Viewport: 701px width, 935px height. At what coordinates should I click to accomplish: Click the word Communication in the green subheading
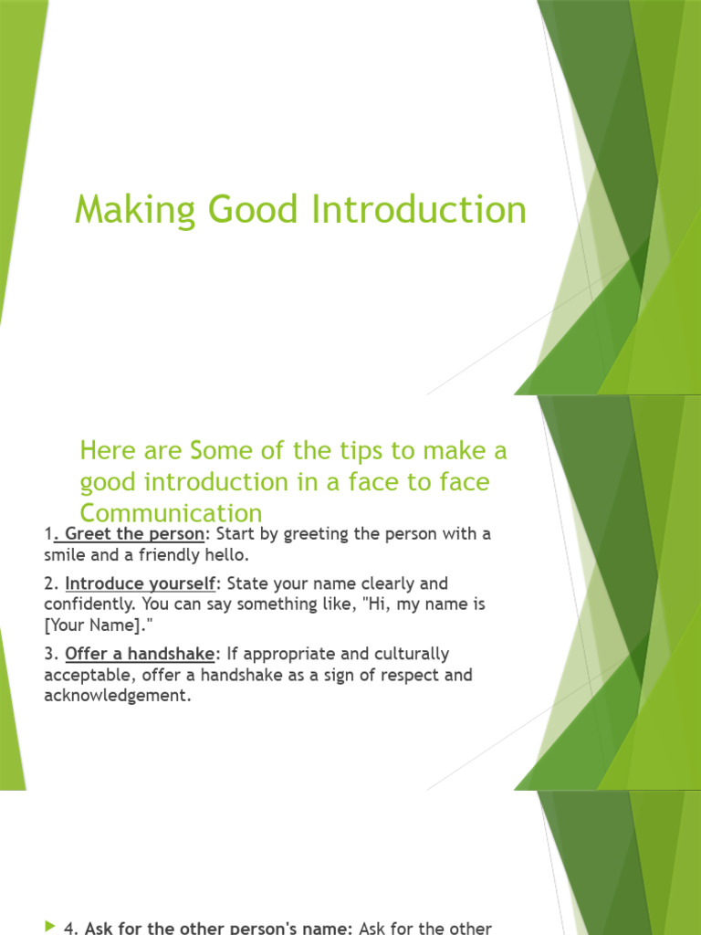coord(171,512)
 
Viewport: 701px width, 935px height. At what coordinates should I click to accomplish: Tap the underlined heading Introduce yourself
coord(140,583)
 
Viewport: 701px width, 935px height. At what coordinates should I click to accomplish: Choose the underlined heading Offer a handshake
coord(139,654)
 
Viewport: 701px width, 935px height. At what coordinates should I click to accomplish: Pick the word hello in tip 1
coord(221,553)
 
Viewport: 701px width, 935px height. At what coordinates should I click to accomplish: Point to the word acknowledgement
coord(118,696)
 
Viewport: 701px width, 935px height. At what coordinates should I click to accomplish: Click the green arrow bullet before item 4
coord(49,927)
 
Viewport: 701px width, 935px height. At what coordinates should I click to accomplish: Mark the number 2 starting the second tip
coord(48,583)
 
